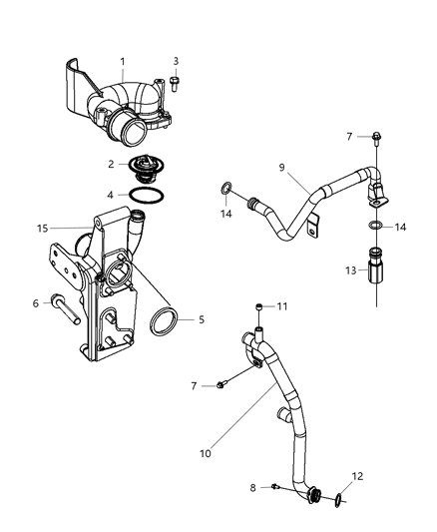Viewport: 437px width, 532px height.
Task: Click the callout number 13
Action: click(x=349, y=270)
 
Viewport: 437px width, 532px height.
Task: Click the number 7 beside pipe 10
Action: click(x=195, y=384)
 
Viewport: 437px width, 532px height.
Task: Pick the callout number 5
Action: click(x=202, y=319)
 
